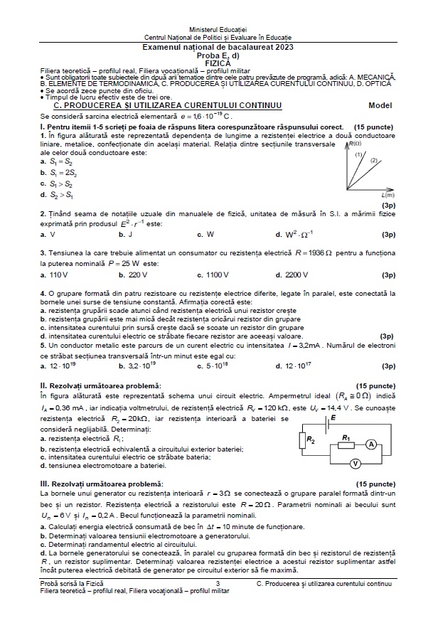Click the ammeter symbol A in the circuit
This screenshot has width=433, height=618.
[x=370, y=444]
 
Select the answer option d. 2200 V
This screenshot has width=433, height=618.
[x=292, y=275]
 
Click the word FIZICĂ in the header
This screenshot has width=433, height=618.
[x=217, y=63]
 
